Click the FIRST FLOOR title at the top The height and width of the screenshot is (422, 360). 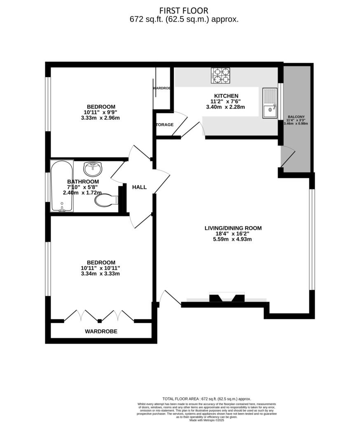[x=184, y=10]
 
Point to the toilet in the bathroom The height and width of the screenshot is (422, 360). [x=106, y=200]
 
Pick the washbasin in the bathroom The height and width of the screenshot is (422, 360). [x=93, y=169]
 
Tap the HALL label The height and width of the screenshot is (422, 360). [x=139, y=187]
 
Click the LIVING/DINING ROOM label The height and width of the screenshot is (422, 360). [x=233, y=228]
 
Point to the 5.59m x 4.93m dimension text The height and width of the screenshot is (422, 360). [x=233, y=239]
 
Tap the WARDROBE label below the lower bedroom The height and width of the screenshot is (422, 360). [x=101, y=331]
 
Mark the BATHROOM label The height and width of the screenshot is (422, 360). [x=83, y=181]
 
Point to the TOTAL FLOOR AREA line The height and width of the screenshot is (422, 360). [x=206, y=399]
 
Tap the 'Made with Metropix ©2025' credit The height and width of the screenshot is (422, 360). [x=206, y=420]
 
